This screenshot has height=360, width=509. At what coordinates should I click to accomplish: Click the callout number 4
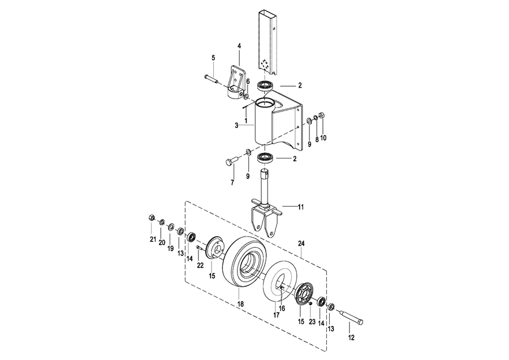(239, 46)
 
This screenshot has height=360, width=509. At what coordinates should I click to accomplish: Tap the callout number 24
(301, 243)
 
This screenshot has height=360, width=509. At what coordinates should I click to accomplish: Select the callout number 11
(301, 207)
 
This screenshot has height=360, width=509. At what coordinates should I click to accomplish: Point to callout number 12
(351, 338)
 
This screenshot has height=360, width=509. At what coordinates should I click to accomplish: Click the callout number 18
(240, 304)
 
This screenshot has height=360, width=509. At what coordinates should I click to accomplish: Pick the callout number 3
(236, 125)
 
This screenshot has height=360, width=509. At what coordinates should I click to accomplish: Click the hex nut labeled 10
(322, 115)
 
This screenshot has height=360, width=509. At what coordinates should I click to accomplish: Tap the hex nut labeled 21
(150, 217)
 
